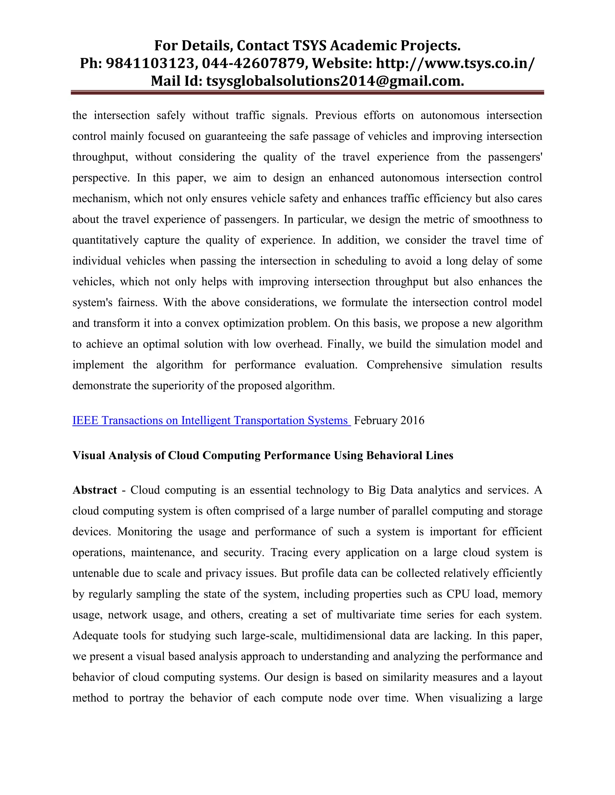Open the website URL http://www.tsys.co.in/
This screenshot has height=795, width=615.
click(x=456, y=63)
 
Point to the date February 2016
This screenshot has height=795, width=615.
click(x=389, y=420)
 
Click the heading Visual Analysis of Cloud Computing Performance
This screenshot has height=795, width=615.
click(x=262, y=455)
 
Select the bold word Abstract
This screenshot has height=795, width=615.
click(x=95, y=490)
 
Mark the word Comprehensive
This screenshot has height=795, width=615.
click(x=404, y=365)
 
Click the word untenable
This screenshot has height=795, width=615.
click(x=96, y=573)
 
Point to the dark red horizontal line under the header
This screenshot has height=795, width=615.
click(x=307, y=93)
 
